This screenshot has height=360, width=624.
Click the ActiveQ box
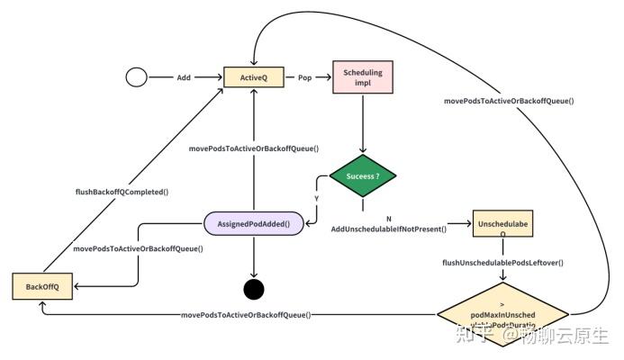point(254,78)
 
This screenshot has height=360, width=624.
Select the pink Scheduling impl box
point(363,78)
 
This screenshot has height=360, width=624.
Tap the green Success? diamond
point(364,177)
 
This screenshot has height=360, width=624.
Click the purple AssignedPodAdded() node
point(254,223)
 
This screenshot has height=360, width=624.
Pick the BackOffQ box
point(42,286)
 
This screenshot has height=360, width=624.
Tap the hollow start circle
point(136,78)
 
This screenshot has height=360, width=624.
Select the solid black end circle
point(254,289)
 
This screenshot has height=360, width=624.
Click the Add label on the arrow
point(184,78)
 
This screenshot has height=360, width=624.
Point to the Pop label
point(305,78)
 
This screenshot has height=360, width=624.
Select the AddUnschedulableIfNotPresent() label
point(389,229)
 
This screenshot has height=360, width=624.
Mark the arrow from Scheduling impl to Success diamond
point(363,126)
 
